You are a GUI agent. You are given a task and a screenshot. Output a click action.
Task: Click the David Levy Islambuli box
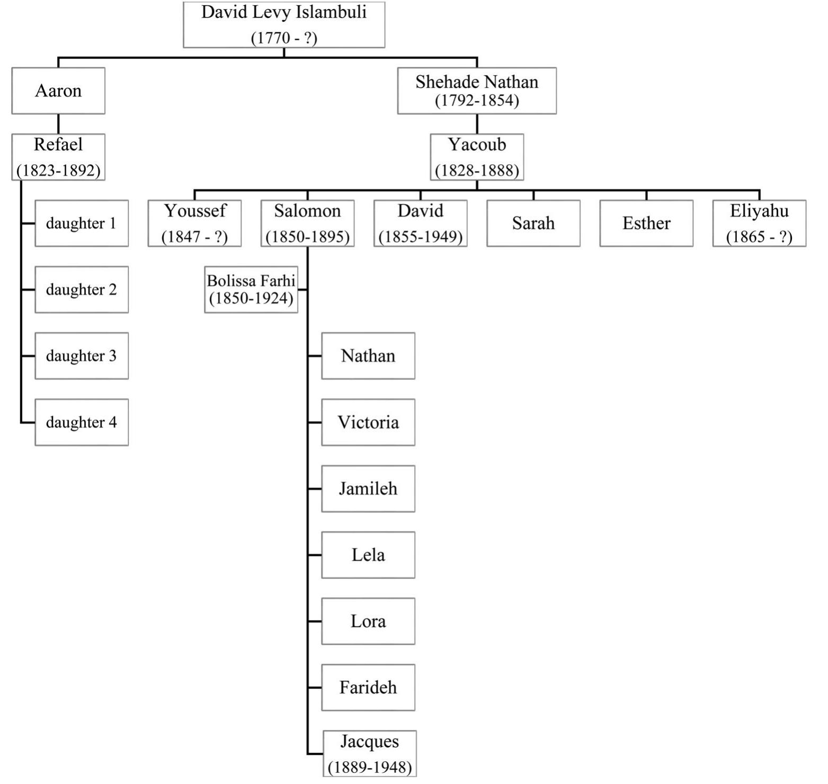pos(284,24)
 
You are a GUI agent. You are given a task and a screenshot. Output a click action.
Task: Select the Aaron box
pos(58,91)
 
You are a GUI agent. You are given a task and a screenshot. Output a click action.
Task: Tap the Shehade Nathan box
pos(477,90)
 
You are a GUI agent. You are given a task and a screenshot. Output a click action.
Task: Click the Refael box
pos(58,157)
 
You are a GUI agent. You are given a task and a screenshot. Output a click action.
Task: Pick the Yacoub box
pos(477,157)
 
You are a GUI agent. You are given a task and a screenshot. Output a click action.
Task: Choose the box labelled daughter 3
pos(82,356)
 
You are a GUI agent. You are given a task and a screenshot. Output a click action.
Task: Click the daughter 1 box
pos(82,223)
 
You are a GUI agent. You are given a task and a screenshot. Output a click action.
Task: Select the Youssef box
pos(194,223)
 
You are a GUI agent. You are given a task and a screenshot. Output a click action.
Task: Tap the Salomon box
pos(307,223)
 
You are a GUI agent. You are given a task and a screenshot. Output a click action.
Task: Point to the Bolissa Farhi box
pos(251,289)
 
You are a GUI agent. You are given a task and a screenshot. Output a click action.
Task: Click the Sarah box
pos(533,223)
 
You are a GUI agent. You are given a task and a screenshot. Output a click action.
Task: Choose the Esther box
pos(646,223)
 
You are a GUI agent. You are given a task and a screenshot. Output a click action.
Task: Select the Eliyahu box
pos(759,223)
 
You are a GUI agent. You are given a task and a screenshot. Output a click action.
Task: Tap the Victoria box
pos(368,422)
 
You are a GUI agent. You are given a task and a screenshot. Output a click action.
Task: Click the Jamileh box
pos(368,488)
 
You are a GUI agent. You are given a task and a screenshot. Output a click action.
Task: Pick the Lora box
pos(368,621)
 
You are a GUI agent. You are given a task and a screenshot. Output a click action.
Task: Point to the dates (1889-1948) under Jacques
pos(370,767)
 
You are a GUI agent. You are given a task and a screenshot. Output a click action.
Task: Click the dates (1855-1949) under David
pos(421,237)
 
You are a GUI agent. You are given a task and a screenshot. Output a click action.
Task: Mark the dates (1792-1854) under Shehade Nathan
pos(477,100)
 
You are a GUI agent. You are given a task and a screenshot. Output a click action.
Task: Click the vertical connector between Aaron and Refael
pos(58,124)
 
